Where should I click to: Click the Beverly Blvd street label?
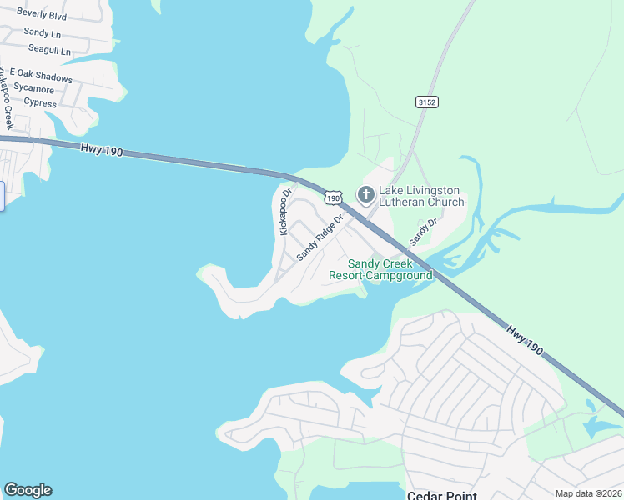coord(42,16)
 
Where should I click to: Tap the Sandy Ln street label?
coord(43,33)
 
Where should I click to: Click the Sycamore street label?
coord(34,89)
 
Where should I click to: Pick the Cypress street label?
coord(40,103)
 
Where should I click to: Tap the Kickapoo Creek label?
coord(7,98)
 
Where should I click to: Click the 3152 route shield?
coord(426,102)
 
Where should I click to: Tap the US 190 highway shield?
coord(334,198)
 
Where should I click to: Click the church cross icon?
coord(365,195)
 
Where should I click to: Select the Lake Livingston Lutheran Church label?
coord(421,196)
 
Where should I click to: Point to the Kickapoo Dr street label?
coord(286,211)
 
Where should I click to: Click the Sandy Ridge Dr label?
coord(320,237)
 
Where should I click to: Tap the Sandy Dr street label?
coord(423,232)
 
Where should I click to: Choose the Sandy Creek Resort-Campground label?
coord(380,269)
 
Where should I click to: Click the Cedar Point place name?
coord(441,495)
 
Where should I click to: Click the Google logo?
coord(28,490)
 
